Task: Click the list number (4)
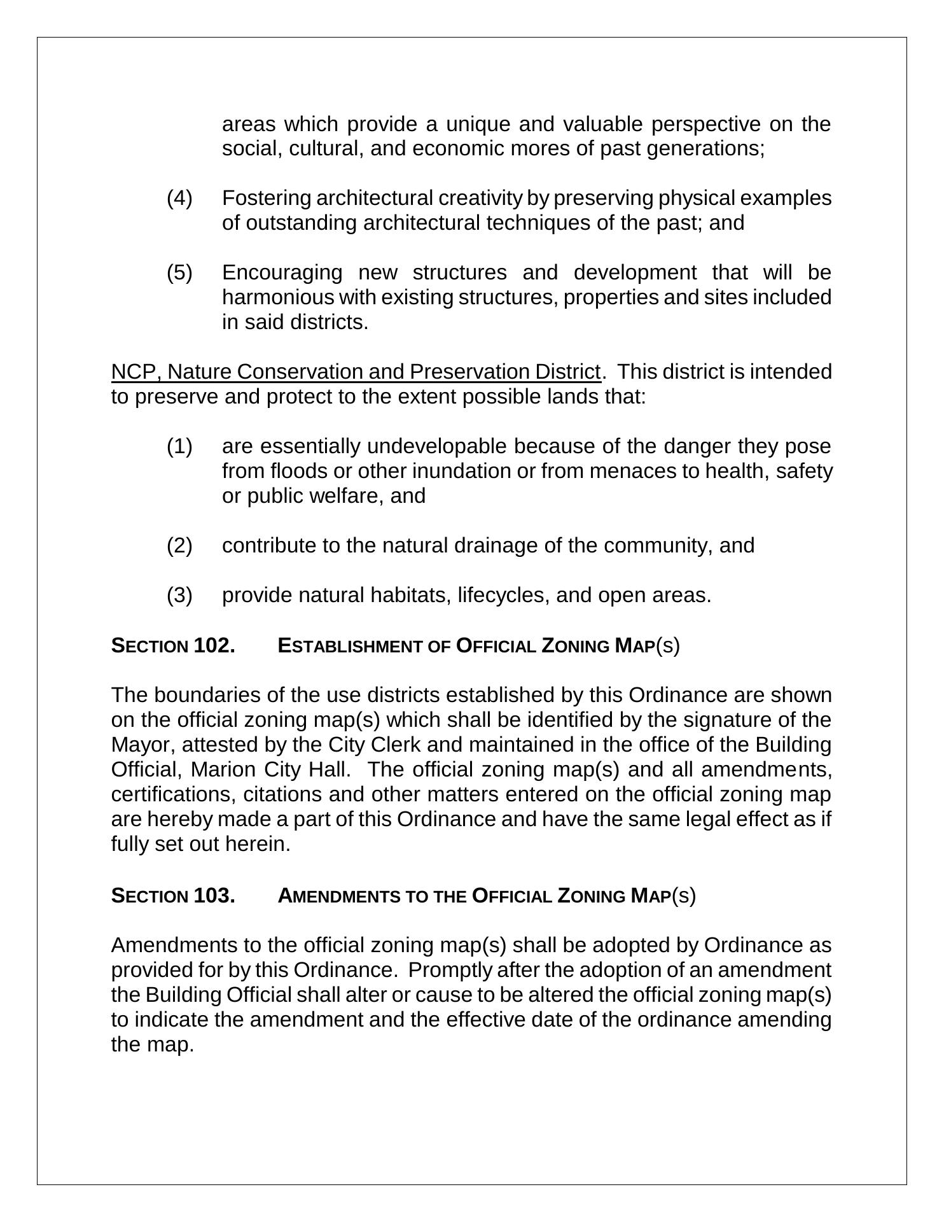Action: click(x=179, y=199)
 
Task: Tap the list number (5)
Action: click(x=179, y=273)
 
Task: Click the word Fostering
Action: click(x=267, y=199)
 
